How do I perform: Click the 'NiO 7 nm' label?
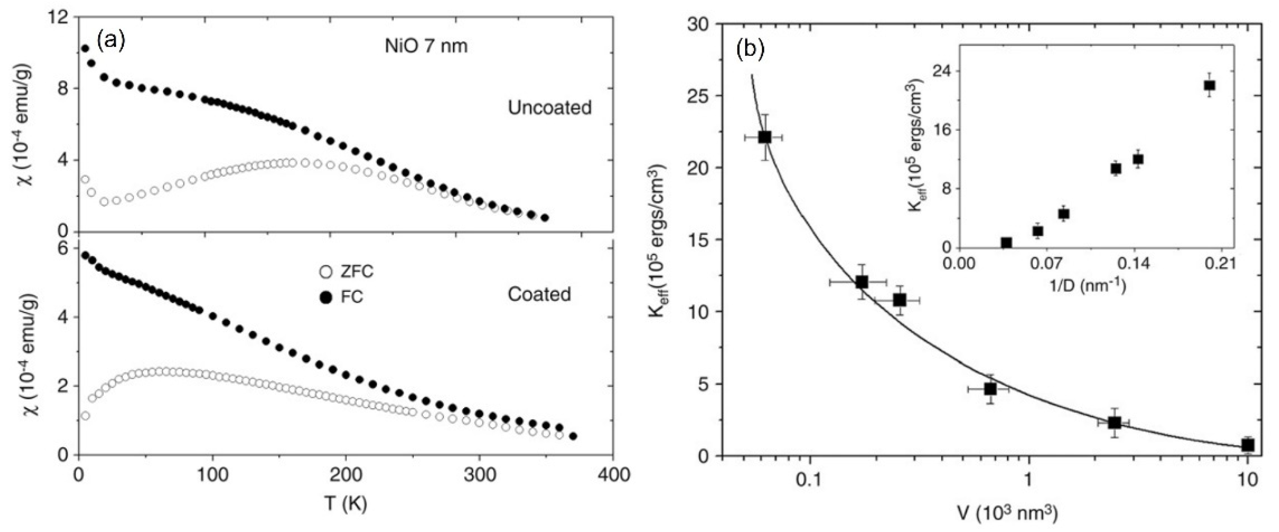click(426, 46)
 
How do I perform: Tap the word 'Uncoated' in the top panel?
click(549, 108)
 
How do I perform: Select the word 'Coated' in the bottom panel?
click(539, 294)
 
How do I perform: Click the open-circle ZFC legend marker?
click(326, 272)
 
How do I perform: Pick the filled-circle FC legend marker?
click(326, 297)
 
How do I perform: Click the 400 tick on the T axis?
click(613, 475)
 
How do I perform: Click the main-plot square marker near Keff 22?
click(765, 137)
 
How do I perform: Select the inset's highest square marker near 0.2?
click(1209, 85)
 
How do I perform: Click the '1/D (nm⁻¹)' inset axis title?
click(1086, 286)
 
